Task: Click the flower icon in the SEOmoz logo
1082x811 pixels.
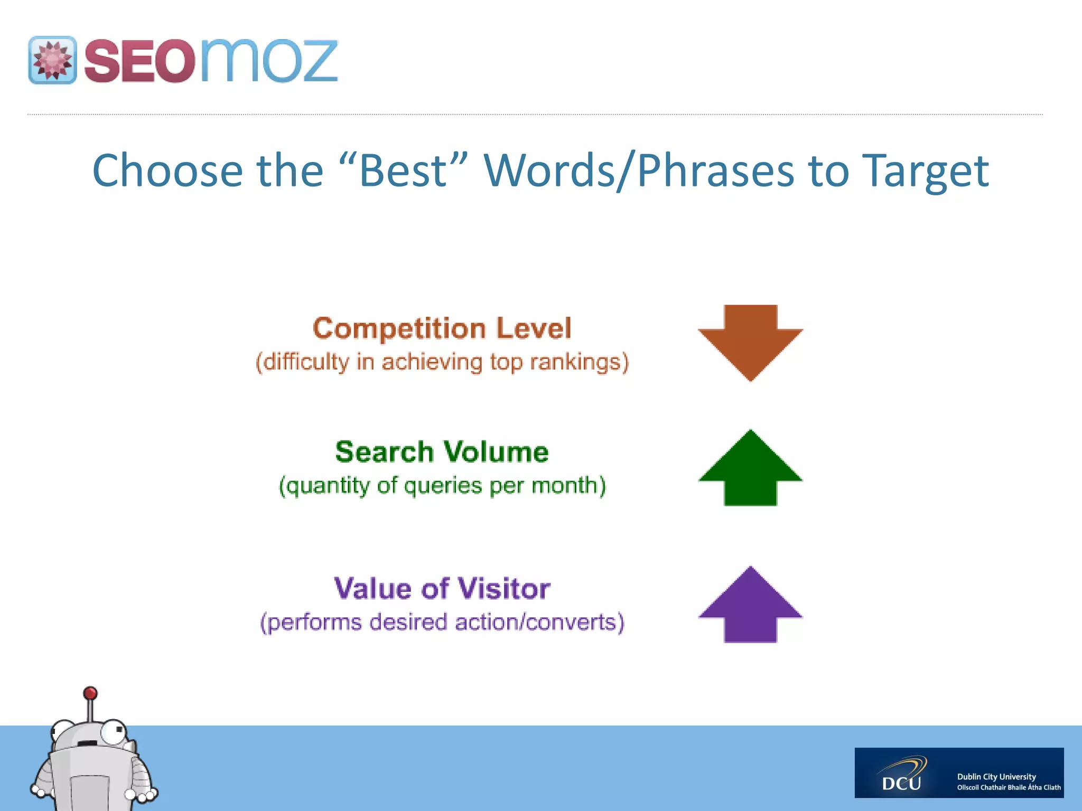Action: coord(52,60)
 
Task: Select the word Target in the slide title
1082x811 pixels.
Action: coord(925,171)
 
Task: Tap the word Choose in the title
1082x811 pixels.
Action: coord(167,171)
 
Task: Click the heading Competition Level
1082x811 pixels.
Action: coord(442,328)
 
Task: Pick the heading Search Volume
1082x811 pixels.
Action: coord(442,452)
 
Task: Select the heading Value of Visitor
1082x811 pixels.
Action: coord(442,588)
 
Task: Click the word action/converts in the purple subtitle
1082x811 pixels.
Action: coord(538,622)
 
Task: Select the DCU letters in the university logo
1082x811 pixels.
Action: coord(901,782)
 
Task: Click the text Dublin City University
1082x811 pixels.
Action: coord(996,777)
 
